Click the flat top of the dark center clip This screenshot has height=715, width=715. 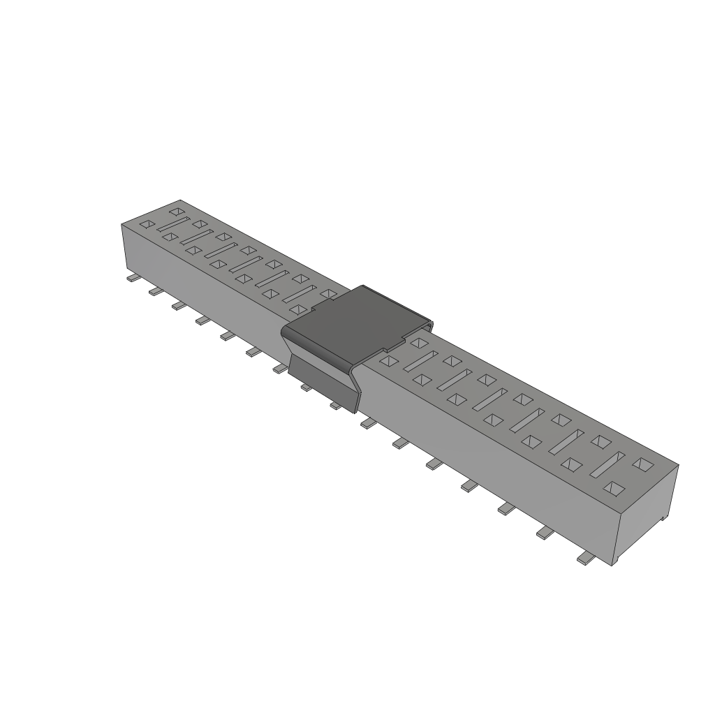(x=356, y=322)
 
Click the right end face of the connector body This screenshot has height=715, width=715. (x=649, y=514)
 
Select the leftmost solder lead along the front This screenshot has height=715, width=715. (x=131, y=279)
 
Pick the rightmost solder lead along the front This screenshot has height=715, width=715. (x=585, y=559)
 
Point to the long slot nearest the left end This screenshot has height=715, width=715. (x=173, y=224)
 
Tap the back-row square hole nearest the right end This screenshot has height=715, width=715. (x=642, y=463)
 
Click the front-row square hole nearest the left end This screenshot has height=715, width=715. (x=147, y=225)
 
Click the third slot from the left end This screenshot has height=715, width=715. (x=221, y=250)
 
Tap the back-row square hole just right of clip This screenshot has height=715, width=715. (x=418, y=342)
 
